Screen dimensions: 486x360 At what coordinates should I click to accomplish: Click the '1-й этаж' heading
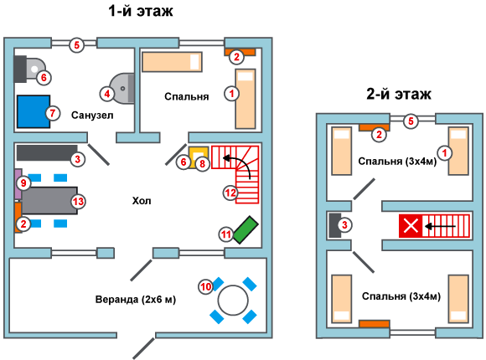(x=141, y=12)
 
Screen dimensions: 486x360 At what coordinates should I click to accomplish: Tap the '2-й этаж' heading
(x=399, y=94)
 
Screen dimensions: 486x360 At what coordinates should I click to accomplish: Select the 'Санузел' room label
(x=92, y=116)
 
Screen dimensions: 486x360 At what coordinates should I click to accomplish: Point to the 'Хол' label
(x=142, y=201)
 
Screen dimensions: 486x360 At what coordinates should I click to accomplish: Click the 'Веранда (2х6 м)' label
(x=136, y=300)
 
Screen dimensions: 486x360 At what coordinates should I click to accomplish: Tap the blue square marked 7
(x=34, y=111)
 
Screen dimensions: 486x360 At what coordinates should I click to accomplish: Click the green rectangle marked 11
(x=246, y=230)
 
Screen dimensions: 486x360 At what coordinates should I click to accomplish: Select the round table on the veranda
(x=233, y=301)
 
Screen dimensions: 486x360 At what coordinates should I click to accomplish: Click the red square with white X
(x=411, y=225)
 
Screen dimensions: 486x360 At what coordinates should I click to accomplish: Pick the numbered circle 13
(x=78, y=202)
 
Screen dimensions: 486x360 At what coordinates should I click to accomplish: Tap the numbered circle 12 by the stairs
(x=230, y=193)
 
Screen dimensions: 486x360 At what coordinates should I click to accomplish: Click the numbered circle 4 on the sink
(x=107, y=94)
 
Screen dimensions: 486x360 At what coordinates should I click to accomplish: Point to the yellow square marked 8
(x=198, y=157)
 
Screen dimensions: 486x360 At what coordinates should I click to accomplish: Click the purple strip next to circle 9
(x=18, y=184)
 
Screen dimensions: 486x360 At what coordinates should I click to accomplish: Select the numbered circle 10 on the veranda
(x=206, y=286)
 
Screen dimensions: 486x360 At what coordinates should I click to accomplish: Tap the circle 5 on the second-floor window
(x=411, y=121)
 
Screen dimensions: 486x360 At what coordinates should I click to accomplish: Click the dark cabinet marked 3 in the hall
(x=47, y=152)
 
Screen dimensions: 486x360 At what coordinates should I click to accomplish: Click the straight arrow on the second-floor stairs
(x=440, y=227)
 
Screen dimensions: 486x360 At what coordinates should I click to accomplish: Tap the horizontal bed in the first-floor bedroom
(x=172, y=62)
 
